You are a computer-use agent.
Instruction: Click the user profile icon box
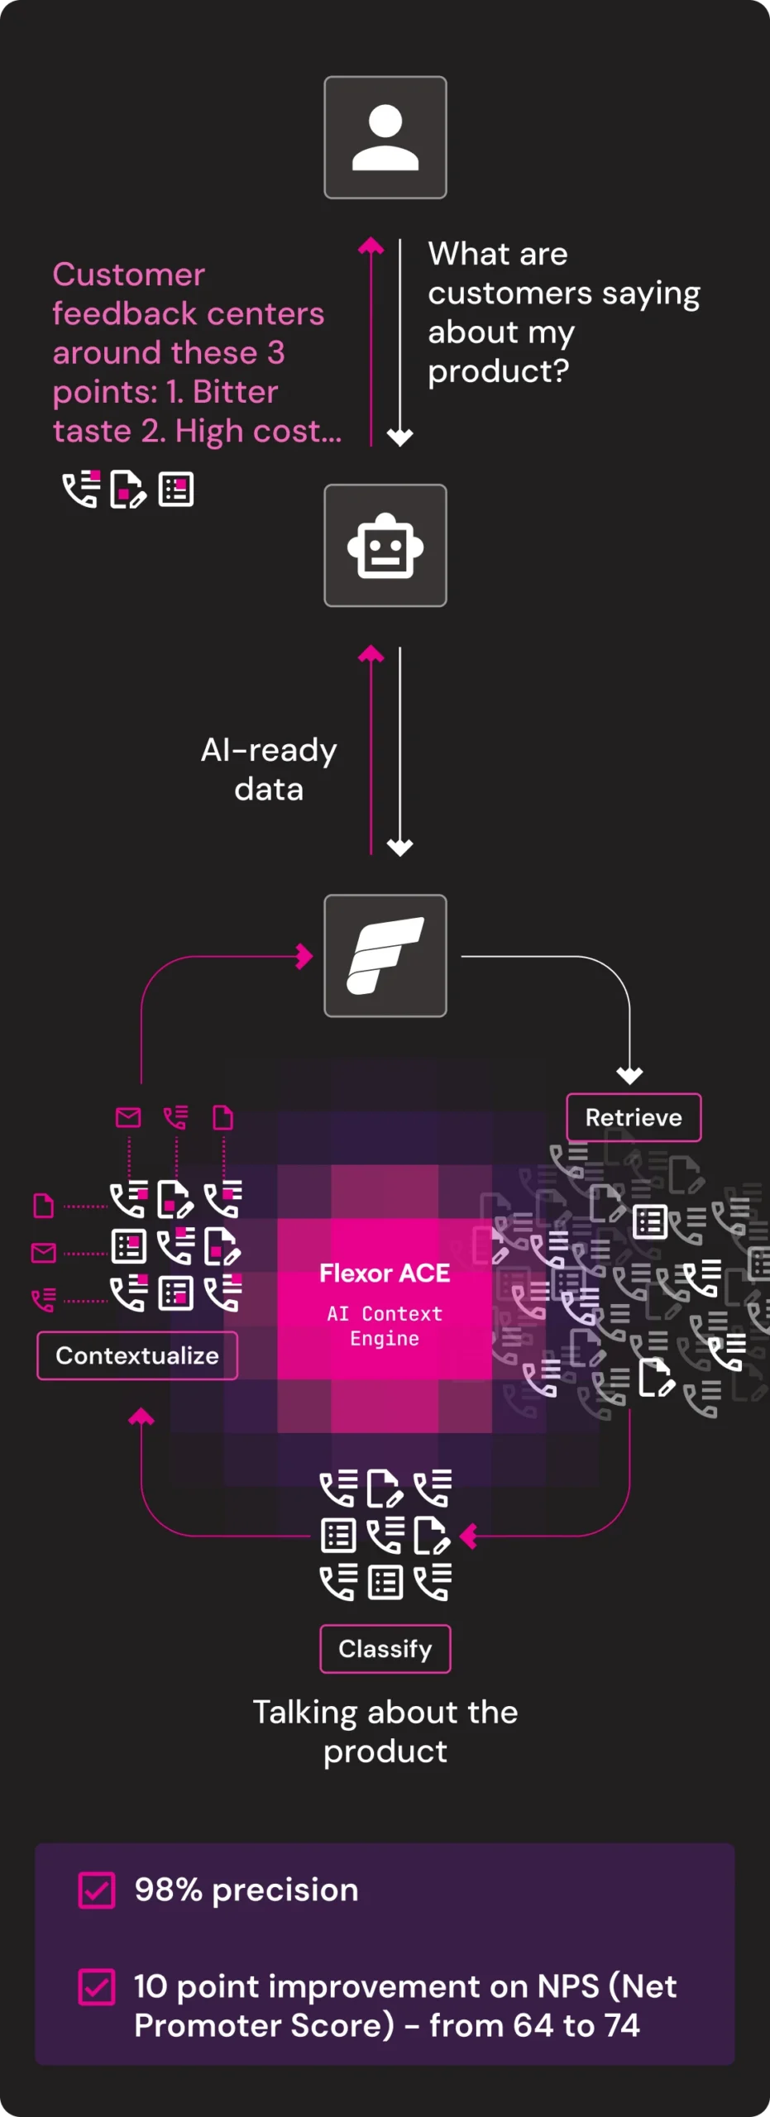385,137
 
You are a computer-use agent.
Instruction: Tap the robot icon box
385,546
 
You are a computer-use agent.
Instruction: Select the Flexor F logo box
385,956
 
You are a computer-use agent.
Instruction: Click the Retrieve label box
634,1118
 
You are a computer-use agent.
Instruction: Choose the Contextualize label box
137,1356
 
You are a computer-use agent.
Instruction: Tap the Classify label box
385,1649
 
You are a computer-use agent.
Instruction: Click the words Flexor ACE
385,1274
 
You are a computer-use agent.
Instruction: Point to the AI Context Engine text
385,1326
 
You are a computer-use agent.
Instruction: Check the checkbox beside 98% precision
97,1890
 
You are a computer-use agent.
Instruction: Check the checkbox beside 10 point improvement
97,1987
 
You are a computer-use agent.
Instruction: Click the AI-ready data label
269,770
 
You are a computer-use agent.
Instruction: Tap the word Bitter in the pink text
235,392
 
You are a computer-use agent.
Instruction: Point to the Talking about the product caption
385,1732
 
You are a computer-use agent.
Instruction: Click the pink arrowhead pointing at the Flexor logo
305,957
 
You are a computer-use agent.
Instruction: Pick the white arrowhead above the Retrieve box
629,1076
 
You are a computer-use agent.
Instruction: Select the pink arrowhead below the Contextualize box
141,1417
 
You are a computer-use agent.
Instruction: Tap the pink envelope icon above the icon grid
128,1118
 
